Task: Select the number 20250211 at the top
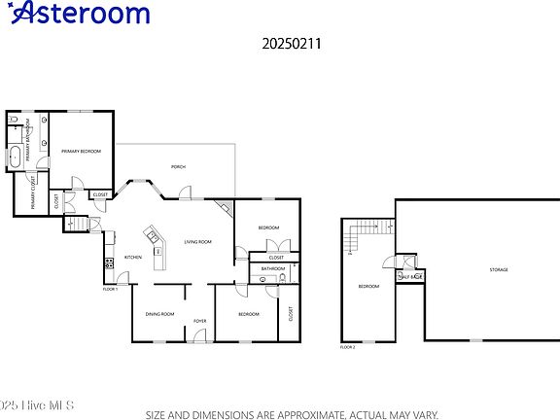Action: coord(280,44)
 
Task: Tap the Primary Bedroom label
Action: coord(82,152)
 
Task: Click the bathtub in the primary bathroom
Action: coord(17,157)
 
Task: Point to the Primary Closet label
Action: coord(35,192)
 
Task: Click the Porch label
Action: coord(178,167)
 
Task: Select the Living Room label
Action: coord(198,241)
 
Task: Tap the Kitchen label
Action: coord(133,257)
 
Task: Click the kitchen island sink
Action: coord(152,236)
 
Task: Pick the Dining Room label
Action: coord(159,314)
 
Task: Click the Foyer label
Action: coord(199,320)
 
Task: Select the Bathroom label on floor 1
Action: coord(273,268)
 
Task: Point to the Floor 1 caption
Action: coord(110,290)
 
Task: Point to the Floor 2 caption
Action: coord(347,346)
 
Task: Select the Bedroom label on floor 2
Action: coord(368,287)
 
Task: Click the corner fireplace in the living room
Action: coord(226,207)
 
